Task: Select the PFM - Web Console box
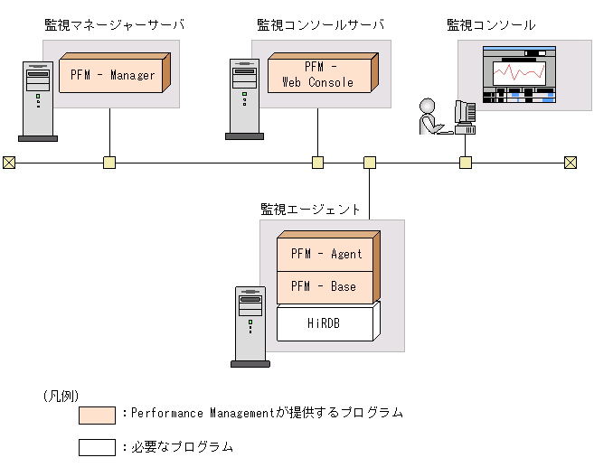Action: [x=320, y=75]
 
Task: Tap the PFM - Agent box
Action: [x=325, y=255]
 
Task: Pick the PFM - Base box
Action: [x=324, y=286]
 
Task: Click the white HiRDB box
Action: [x=324, y=322]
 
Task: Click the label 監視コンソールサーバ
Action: [x=320, y=24]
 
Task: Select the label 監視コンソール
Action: [x=491, y=24]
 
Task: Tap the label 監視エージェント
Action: [x=310, y=209]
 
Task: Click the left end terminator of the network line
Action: [x=9, y=163]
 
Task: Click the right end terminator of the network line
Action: [x=570, y=163]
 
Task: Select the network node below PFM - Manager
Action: [x=109, y=163]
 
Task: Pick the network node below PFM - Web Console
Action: [x=318, y=163]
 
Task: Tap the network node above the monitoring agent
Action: [x=370, y=163]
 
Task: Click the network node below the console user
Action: [x=466, y=163]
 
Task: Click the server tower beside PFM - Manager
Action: [x=38, y=100]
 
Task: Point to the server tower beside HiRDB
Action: [x=250, y=326]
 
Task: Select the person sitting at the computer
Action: [x=429, y=117]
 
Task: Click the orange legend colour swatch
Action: [x=97, y=415]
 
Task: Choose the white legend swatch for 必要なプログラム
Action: [x=97, y=447]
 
